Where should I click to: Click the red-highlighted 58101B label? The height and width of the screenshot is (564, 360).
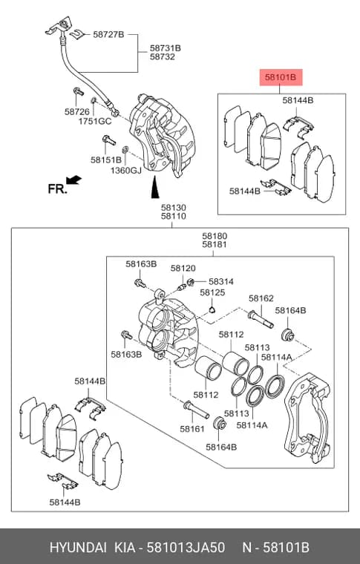[x=281, y=77]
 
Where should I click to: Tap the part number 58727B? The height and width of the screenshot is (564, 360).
[x=108, y=35]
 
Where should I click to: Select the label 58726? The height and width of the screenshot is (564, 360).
[x=77, y=112]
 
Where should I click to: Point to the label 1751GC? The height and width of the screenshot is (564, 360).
[x=95, y=121]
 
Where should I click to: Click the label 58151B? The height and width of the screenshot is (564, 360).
[x=106, y=160]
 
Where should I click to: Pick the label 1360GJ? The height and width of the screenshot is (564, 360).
[x=126, y=170]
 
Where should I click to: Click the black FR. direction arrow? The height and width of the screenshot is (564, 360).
[x=73, y=180]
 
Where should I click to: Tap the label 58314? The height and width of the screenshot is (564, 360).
[x=221, y=282]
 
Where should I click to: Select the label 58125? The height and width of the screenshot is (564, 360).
[x=212, y=292]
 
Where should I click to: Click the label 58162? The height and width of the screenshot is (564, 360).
[x=261, y=298]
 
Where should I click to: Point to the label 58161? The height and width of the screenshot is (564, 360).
[x=192, y=429]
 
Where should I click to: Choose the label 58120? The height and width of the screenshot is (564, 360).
[x=183, y=269]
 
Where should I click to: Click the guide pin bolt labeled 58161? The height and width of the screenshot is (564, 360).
[x=196, y=410]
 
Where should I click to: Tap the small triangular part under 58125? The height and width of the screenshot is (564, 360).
[x=212, y=309]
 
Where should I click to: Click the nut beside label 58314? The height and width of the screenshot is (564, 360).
[x=192, y=282]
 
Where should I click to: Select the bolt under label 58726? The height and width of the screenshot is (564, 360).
[x=78, y=91]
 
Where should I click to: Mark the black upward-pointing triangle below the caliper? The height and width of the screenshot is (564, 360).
[x=155, y=188]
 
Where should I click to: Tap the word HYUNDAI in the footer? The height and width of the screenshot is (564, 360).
[x=78, y=548]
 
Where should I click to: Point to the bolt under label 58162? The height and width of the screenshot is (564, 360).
[x=261, y=319]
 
